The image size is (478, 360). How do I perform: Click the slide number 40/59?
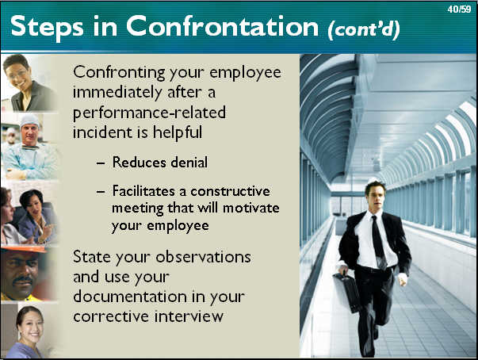(459, 10)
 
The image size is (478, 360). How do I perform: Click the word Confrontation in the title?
(222, 26)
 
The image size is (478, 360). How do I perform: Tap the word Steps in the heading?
(47, 28)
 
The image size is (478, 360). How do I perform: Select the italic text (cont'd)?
(364, 30)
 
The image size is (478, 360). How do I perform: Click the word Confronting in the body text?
(119, 73)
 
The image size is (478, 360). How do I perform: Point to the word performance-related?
(149, 113)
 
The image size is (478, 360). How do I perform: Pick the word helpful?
(178, 132)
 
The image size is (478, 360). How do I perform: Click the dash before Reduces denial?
(101, 163)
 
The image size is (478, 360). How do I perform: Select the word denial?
(189, 162)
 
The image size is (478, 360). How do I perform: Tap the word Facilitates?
(144, 191)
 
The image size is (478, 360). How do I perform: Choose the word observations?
(204, 257)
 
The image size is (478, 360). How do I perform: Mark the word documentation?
(130, 296)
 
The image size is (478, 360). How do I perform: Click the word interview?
(189, 316)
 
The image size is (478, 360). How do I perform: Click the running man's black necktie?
(378, 241)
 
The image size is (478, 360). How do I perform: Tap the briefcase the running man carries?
(347, 292)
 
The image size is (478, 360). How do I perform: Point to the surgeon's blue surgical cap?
(29, 121)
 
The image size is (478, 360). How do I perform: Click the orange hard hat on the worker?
(25, 250)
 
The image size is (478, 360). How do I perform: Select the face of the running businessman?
(376, 196)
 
